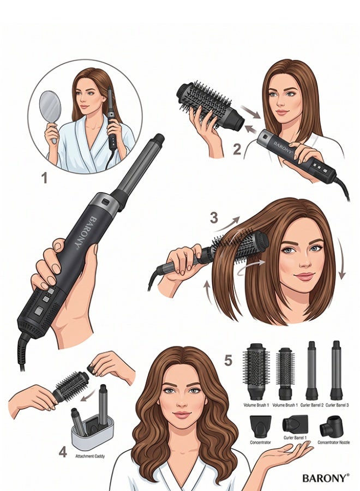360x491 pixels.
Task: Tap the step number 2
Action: point(237,149)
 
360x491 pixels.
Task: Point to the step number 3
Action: point(214,218)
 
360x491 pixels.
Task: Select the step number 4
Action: point(63,452)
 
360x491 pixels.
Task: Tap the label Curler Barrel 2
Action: point(312,405)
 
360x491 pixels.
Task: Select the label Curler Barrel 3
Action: point(337,405)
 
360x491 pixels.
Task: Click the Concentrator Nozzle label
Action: point(334,442)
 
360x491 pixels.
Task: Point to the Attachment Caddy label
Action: point(90,456)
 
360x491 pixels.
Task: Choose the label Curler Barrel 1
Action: point(295,438)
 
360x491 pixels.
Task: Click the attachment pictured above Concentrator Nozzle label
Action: point(331,426)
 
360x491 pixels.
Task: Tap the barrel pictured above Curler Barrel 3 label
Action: point(337,370)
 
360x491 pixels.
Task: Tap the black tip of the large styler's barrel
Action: point(159,139)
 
